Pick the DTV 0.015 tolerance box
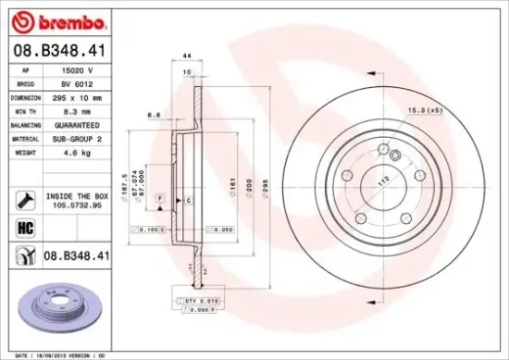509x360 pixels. click(196, 301)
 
